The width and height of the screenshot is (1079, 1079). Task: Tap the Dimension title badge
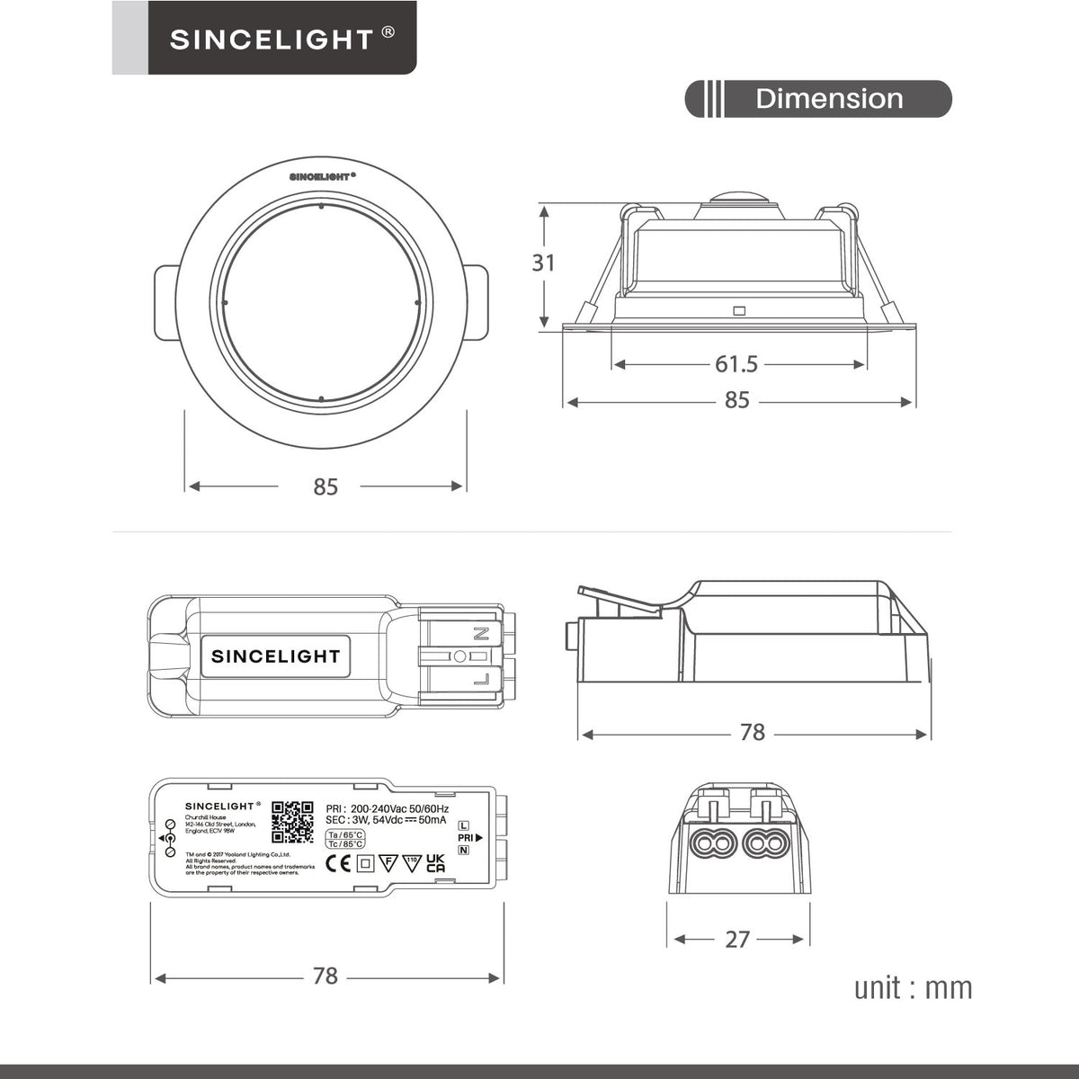pos(828,99)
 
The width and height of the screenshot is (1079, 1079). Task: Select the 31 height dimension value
pos(543,263)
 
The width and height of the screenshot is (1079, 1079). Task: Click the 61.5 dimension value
pos(736,364)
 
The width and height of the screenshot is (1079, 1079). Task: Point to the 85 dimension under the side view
pos(736,400)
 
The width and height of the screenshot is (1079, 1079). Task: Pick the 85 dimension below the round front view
pos(325,486)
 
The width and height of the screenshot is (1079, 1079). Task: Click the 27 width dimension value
pos(737,940)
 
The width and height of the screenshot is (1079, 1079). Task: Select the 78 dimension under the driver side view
pos(753,733)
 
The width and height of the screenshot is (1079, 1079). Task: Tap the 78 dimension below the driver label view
pos(325,976)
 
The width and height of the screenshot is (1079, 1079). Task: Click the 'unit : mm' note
pos(913,987)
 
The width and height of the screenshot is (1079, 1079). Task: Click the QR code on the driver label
pos(292,820)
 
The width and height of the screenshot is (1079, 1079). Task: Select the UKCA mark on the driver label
pos(435,863)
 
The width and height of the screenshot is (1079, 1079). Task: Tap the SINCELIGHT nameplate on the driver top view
pos(276,655)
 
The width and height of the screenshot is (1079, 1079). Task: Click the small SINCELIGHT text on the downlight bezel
pos(322,177)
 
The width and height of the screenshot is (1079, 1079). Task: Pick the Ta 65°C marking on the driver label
pos(345,835)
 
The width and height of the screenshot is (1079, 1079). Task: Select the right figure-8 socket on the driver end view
pos(767,843)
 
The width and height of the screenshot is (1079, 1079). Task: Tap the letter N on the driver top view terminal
pos(482,633)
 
